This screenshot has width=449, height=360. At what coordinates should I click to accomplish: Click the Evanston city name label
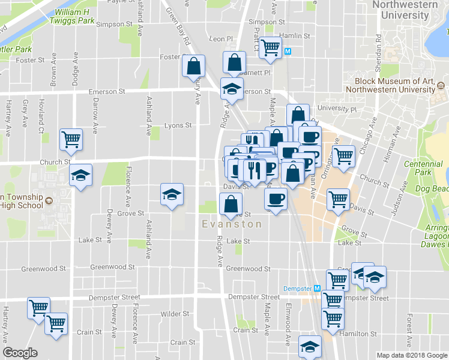(x=232, y=224)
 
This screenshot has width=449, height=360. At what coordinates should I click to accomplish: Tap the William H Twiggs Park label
(x=74, y=16)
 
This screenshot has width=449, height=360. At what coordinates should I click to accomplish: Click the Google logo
(x=20, y=353)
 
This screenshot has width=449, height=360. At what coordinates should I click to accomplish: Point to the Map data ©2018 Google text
(x=411, y=355)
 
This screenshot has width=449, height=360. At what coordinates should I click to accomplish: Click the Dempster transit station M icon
(x=317, y=289)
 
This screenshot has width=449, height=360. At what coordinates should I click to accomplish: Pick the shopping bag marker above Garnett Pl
(x=234, y=61)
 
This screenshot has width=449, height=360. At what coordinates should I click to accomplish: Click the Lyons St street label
(x=178, y=126)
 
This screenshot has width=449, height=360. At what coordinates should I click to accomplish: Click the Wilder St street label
(x=175, y=314)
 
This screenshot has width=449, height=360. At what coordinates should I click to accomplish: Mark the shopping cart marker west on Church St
(x=71, y=139)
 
